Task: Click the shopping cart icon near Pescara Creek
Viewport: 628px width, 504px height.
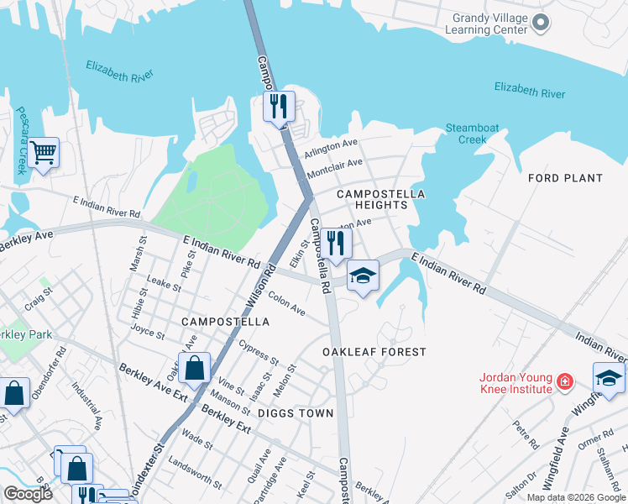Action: click(x=43, y=154)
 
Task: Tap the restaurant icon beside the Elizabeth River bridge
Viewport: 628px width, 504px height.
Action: click(x=279, y=107)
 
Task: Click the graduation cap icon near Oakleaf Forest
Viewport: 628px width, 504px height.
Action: click(x=363, y=276)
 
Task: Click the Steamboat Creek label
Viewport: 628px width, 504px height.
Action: click(x=472, y=134)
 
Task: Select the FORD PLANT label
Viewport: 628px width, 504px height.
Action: click(x=565, y=178)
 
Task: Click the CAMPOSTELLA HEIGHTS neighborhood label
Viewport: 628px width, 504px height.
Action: click(x=380, y=199)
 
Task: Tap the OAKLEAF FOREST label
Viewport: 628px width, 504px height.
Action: click(x=374, y=352)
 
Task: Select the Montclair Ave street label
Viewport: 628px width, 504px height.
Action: click(x=335, y=166)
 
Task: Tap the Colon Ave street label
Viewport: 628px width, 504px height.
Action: click(x=287, y=303)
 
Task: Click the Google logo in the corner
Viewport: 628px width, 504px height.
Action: click(x=28, y=494)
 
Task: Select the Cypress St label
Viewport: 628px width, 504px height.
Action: click(x=258, y=353)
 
